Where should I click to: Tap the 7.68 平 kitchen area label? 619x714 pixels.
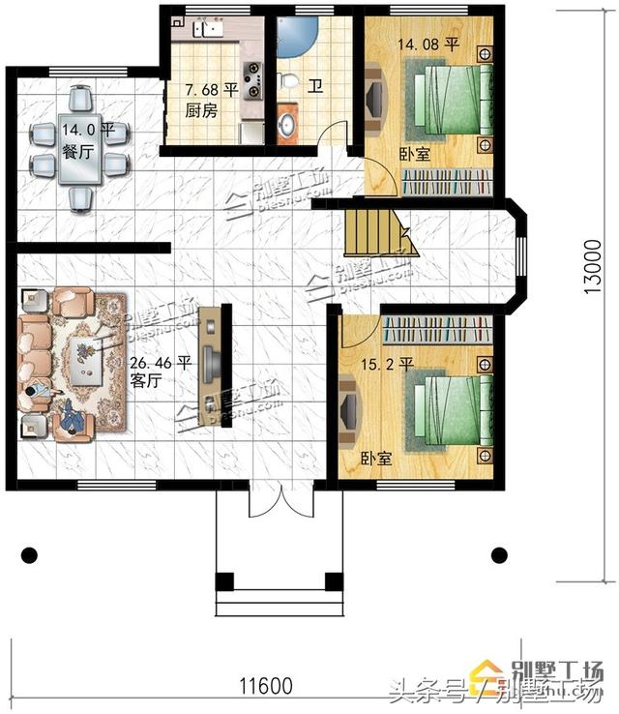(212, 90)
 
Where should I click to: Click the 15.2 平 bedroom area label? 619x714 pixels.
(387, 365)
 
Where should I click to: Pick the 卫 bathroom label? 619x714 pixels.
(315, 86)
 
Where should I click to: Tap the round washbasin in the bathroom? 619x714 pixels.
(288, 126)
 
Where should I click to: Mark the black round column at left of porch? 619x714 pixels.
(30, 555)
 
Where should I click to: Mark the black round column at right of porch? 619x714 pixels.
(499, 555)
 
